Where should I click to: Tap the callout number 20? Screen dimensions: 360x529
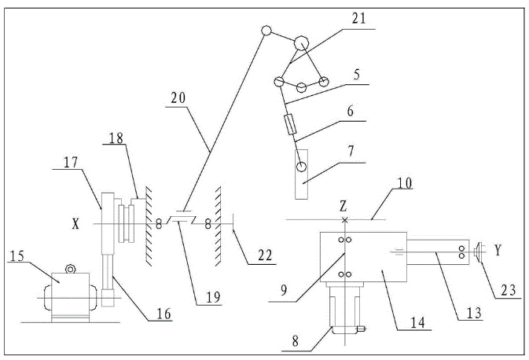pos(178,99)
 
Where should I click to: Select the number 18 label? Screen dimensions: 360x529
pos(116,139)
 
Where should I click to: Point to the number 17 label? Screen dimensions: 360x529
pos(72,164)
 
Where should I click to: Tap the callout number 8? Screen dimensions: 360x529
pos(295,342)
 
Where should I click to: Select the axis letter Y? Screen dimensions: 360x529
pos(497,250)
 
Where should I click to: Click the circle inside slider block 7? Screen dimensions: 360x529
pos(302,167)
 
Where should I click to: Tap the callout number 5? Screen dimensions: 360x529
pos(356,75)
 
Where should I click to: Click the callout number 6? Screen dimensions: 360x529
pos(349,112)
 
